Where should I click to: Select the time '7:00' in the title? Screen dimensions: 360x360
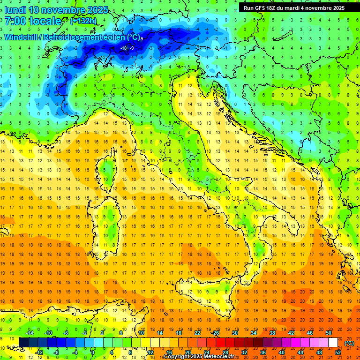click(x=14, y=21)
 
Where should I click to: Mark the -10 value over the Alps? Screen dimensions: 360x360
click(x=124, y=48)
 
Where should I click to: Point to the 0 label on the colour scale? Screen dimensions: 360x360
click(x=93, y=352)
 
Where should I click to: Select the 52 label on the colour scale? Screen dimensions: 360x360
click(x=338, y=352)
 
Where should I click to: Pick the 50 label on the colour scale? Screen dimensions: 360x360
click(x=329, y=332)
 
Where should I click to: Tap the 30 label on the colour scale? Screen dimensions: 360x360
click(x=235, y=332)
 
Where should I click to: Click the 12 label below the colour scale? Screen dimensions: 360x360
click(x=150, y=352)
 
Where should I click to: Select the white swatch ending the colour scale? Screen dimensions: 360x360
click(x=333, y=342)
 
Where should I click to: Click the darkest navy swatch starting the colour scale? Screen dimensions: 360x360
click(x=23, y=342)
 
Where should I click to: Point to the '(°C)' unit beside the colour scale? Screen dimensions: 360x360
click(x=349, y=343)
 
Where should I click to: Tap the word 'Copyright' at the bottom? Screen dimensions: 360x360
click(x=177, y=357)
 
